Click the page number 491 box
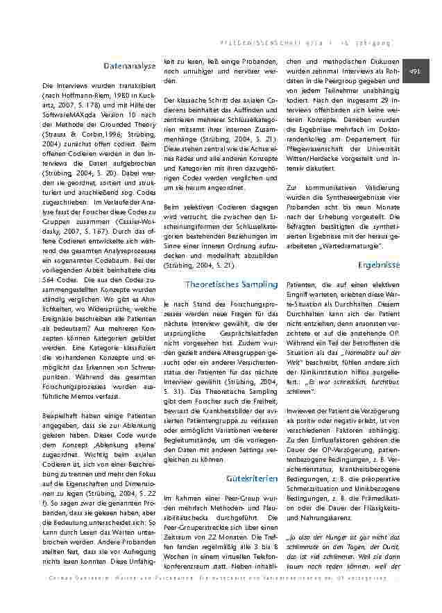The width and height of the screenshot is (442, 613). point(416,71)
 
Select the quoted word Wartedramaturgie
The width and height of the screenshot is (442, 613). point(366,246)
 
